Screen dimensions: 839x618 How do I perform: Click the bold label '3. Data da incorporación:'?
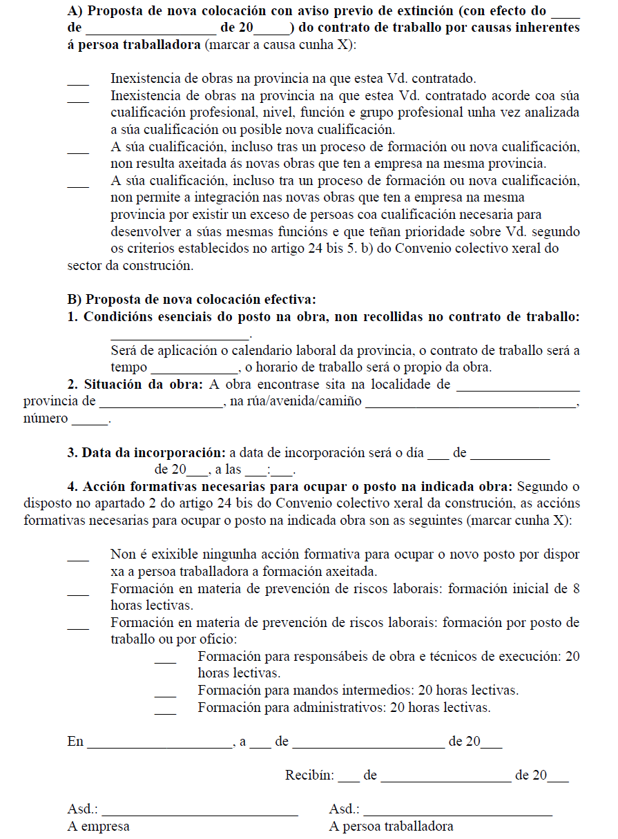pos(146,453)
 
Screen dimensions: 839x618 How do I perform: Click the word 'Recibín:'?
pos(309,775)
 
